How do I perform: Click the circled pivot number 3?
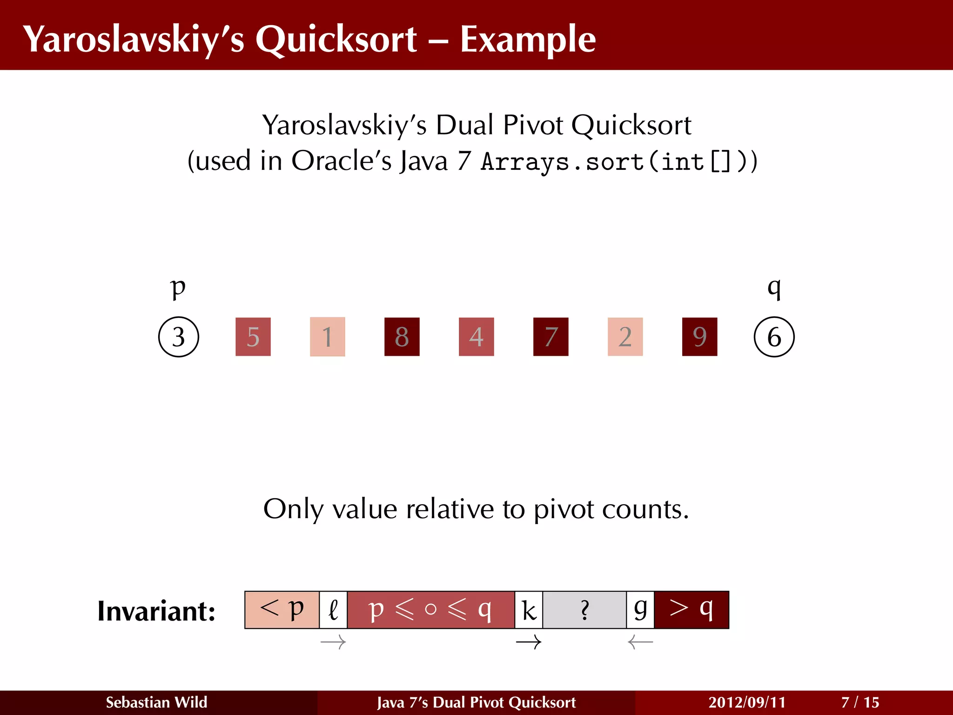pos(179,337)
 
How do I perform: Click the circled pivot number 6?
pos(774,337)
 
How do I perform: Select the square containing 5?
pos(253,337)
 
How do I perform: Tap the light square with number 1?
pos(328,337)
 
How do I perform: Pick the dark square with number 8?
pos(402,337)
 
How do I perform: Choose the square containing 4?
pos(476,337)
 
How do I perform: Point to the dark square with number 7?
pos(551,337)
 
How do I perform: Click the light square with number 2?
pos(625,337)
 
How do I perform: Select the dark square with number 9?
pos(700,337)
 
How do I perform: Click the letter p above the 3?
pos(178,287)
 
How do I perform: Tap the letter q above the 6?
pos(774,287)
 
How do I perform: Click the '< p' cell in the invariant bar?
pos(282,610)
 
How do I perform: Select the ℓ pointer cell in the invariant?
pos(333,610)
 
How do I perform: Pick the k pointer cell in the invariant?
pos(529,610)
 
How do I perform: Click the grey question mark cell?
pos(584,610)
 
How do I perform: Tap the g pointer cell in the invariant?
pos(640,610)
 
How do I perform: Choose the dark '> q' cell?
pos(691,610)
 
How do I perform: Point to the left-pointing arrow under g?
pos(640,642)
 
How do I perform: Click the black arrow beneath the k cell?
pos(529,642)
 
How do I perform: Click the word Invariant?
pos(156,611)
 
